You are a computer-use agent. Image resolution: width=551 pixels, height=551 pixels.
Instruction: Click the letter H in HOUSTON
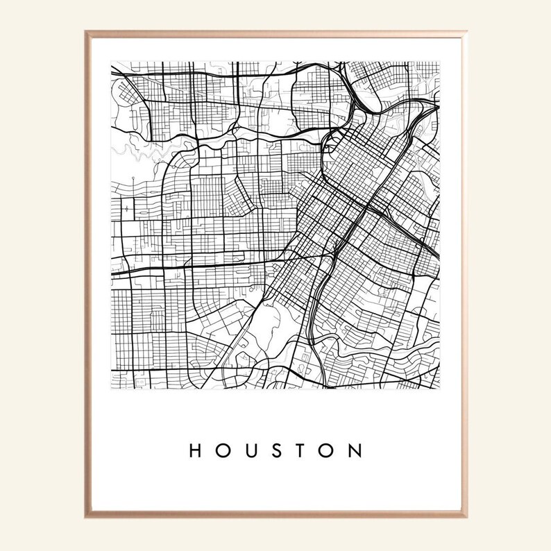(196, 451)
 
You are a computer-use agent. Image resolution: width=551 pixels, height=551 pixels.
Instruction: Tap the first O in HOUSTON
(223, 451)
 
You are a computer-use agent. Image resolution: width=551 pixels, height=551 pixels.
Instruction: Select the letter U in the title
(250, 451)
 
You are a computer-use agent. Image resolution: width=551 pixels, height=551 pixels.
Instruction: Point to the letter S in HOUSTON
(276, 451)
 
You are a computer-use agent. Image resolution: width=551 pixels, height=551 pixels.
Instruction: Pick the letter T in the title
(302, 451)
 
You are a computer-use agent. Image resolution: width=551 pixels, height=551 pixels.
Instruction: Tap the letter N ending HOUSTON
(355, 451)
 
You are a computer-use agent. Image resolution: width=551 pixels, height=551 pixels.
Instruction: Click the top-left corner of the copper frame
(86, 32)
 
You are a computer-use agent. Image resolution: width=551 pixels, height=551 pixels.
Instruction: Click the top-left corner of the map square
(111, 61)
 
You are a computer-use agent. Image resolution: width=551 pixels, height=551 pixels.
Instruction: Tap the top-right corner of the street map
(439, 61)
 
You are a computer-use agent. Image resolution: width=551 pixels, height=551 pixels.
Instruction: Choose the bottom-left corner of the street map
(111, 389)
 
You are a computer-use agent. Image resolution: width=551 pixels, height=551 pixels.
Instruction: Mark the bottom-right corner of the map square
(439, 389)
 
